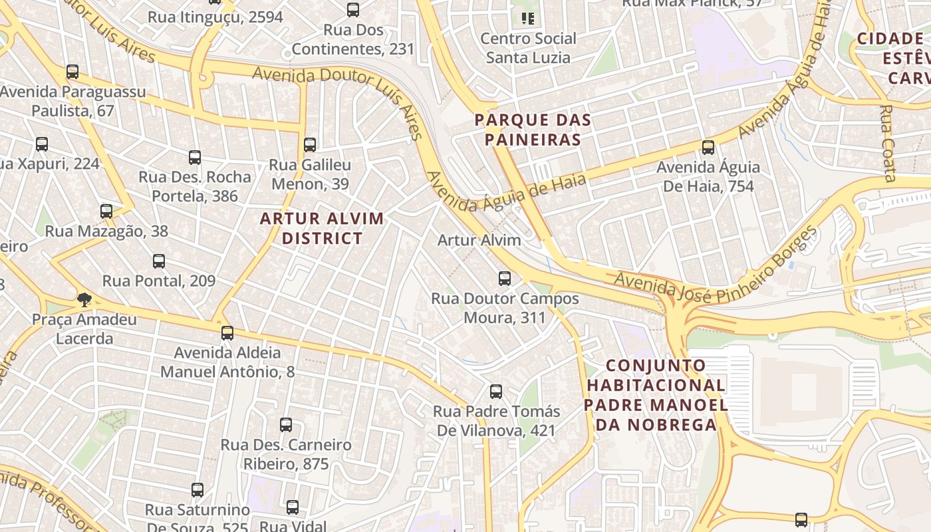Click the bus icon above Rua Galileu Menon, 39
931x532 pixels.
[310, 144]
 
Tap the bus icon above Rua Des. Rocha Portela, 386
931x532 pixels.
[195, 158]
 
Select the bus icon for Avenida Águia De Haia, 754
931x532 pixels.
[708, 148]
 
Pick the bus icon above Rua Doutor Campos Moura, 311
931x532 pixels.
[505, 279]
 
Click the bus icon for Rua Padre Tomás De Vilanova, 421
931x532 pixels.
[496, 392]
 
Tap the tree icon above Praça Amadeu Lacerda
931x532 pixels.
[84, 300]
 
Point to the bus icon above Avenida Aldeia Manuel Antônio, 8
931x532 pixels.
[227, 333]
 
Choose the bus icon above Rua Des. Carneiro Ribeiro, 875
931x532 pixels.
[286, 424]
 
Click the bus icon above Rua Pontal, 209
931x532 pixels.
[159, 261]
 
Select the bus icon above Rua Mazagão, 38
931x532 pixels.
[106, 211]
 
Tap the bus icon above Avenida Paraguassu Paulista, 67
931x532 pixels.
[72, 72]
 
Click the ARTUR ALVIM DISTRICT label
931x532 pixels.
[322, 228]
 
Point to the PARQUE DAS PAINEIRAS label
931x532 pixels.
[533, 130]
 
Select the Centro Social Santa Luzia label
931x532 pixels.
[528, 48]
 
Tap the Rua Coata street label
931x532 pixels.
[888, 143]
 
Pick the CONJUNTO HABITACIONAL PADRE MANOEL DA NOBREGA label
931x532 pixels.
[656, 394]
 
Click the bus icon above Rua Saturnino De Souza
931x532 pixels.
[198, 490]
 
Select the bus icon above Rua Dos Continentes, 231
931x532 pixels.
[353, 10]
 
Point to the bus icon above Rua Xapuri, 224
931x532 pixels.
[42, 144]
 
